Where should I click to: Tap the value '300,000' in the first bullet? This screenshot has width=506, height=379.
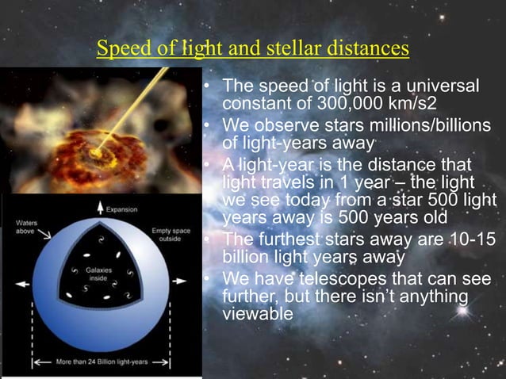[x=316, y=104]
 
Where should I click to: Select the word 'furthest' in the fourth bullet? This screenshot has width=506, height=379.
[x=285, y=239]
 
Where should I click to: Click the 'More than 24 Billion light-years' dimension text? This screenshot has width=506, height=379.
[x=99, y=366]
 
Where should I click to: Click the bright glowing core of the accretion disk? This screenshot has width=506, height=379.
[x=98, y=150]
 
